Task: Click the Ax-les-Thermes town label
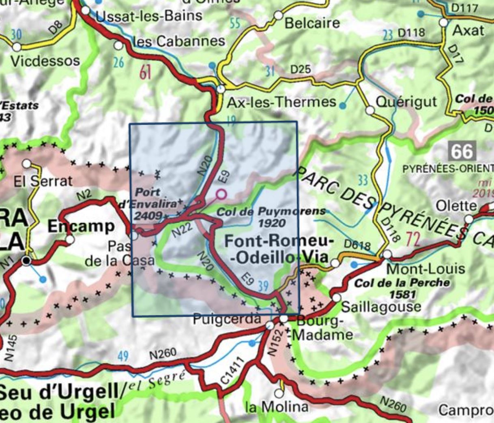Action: click(281, 102)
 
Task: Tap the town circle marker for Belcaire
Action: click(278, 15)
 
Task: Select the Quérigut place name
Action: click(406, 101)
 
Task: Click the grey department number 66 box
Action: click(462, 151)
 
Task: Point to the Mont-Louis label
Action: click(426, 268)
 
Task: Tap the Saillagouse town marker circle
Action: click(336, 298)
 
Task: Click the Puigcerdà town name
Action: click(227, 319)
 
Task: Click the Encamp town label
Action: click(81, 226)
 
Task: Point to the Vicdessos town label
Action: click(45, 61)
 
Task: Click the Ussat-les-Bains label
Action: click(149, 16)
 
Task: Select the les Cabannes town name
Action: click(179, 41)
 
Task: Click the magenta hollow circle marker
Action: click(221, 194)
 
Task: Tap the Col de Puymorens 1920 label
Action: click(271, 217)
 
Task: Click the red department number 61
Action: click(145, 73)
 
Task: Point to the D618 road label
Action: click(357, 245)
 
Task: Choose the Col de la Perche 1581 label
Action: click(402, 287)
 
